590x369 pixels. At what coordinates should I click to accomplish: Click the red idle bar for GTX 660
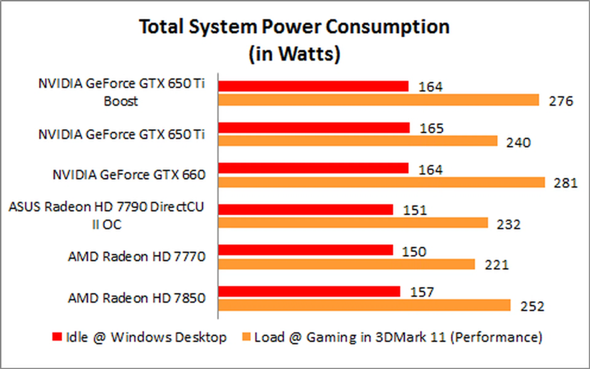click(x=313, y=168)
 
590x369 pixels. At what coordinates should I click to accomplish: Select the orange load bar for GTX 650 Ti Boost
click(x=379, y=100)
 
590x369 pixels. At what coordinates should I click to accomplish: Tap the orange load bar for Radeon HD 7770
click(x=347, y=264)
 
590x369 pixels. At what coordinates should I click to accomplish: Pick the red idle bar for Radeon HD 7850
click(x=309, y=292)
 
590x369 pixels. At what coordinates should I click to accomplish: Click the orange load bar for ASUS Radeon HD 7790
click(x=353, y=223)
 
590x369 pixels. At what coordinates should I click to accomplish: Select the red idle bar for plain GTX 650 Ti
click(x=314, y=128)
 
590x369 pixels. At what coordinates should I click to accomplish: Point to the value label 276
click(x=561, y=101)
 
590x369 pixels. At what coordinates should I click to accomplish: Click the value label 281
click(x=565, y=183)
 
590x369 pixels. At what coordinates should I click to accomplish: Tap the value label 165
click(x=431, y=128)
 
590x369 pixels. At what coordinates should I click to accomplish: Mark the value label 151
click(x=415, y=210)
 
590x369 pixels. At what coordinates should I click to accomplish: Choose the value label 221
click(x=497, y=265)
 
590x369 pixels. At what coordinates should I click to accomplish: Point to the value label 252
click(x=532, y=306)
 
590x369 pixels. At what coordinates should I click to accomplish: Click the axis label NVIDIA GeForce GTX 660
click(x=129, y=175)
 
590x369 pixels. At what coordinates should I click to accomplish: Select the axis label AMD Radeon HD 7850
click(x=136, y=298)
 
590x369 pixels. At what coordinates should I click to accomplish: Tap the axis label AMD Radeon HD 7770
click(x=136, y=256)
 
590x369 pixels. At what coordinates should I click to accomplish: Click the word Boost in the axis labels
click(x=121, y=101)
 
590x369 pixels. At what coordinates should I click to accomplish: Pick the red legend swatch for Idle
click(x=57, y=336)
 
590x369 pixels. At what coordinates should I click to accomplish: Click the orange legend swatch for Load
click(x=246, y=336)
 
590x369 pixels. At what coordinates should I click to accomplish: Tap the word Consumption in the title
click(x=387, y=27)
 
